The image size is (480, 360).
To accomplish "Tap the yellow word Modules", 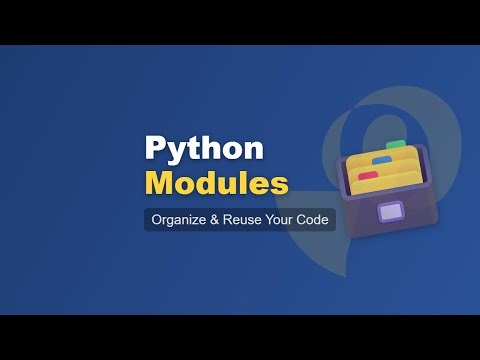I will (216, 184).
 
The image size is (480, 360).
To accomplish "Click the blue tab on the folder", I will (381, 159).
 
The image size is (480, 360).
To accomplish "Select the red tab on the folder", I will (368, 175).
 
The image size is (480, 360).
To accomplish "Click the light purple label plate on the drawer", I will (388, 213).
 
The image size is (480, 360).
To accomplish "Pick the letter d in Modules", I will (214, 184).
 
